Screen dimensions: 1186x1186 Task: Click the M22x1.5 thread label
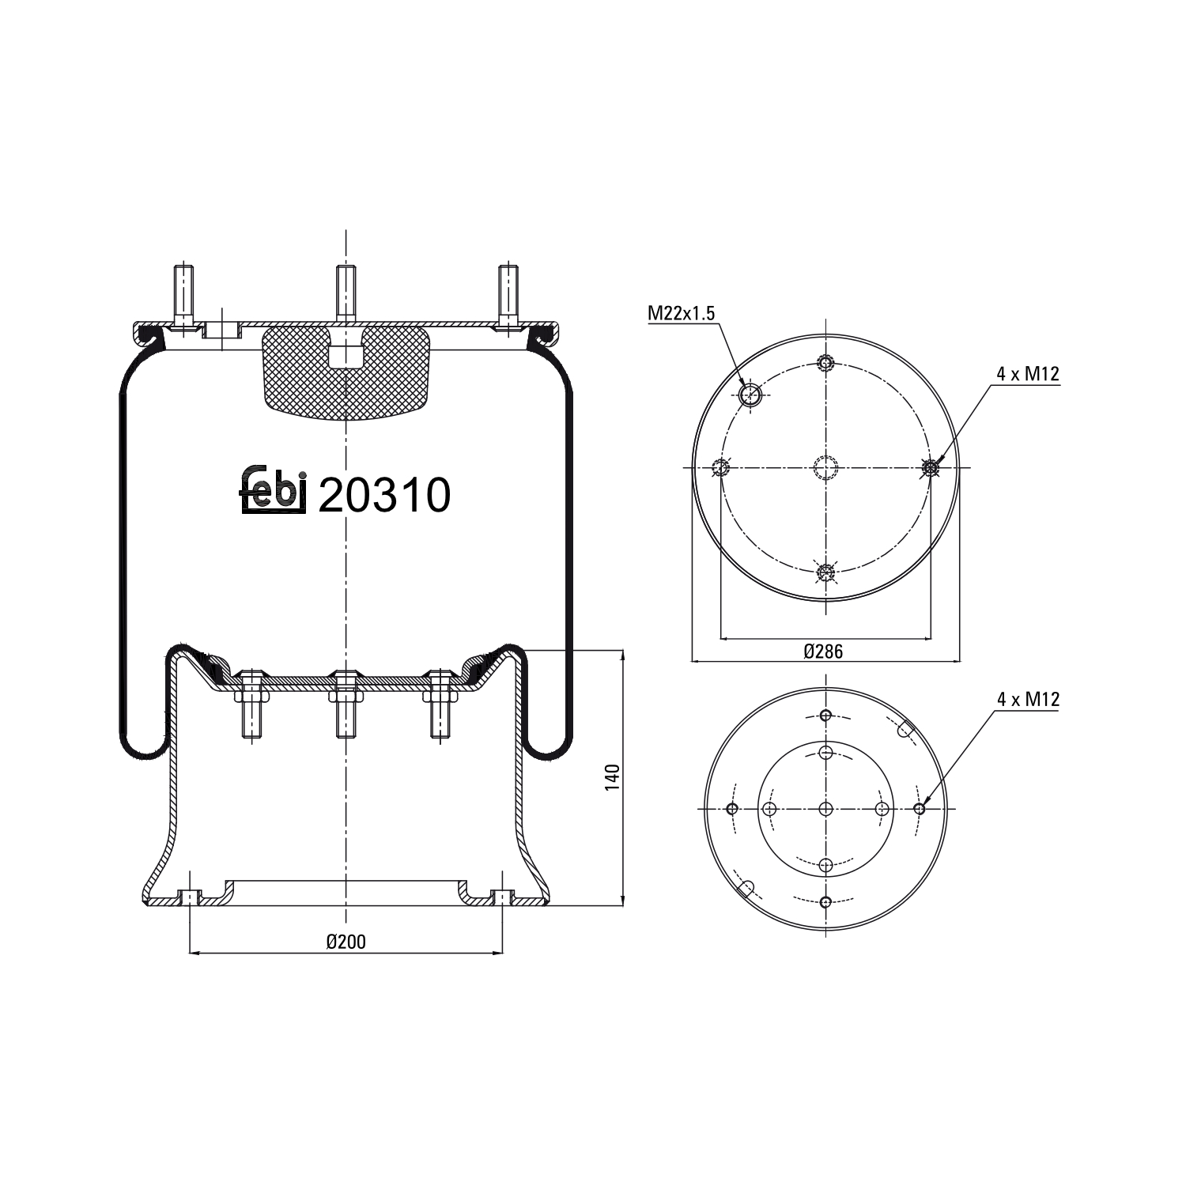tap(681, 313)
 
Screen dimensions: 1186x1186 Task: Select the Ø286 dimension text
tap(823, 652)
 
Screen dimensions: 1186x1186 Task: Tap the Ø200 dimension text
tap(346, 941)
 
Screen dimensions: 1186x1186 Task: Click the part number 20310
tap(384, 496)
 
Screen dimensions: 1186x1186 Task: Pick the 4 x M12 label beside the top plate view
tap(1027, 374)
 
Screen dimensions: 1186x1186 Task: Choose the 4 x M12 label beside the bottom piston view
tap(1028, 699)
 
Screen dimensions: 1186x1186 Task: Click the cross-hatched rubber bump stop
tap(346, 372)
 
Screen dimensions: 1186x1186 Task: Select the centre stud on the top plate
tap(346, 293)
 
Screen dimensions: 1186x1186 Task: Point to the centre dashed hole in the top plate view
tap(825, 469)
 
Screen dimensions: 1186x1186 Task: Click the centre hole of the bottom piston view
tap(825, 809)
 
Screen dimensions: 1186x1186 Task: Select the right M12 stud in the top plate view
tap(931, 469)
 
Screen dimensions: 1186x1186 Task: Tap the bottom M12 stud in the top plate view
tap(825, 573)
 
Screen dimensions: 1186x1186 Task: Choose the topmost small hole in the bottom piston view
tap(825, 716)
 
